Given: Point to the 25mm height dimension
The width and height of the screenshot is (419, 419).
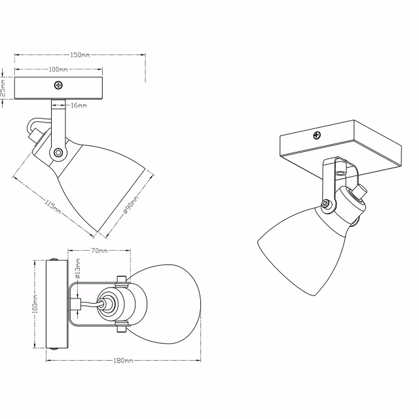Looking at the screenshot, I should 4,88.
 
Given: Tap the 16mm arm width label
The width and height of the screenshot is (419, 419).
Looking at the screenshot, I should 79,105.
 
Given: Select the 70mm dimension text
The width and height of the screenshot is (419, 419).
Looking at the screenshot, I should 99,251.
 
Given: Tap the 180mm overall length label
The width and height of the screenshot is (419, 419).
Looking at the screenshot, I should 123,361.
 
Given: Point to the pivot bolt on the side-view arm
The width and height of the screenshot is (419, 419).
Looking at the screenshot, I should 59,152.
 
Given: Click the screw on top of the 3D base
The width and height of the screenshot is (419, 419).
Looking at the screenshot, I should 318,136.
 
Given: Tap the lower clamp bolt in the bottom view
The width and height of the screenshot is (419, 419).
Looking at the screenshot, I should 120,327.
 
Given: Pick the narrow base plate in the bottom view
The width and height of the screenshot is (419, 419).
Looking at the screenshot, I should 54,306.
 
